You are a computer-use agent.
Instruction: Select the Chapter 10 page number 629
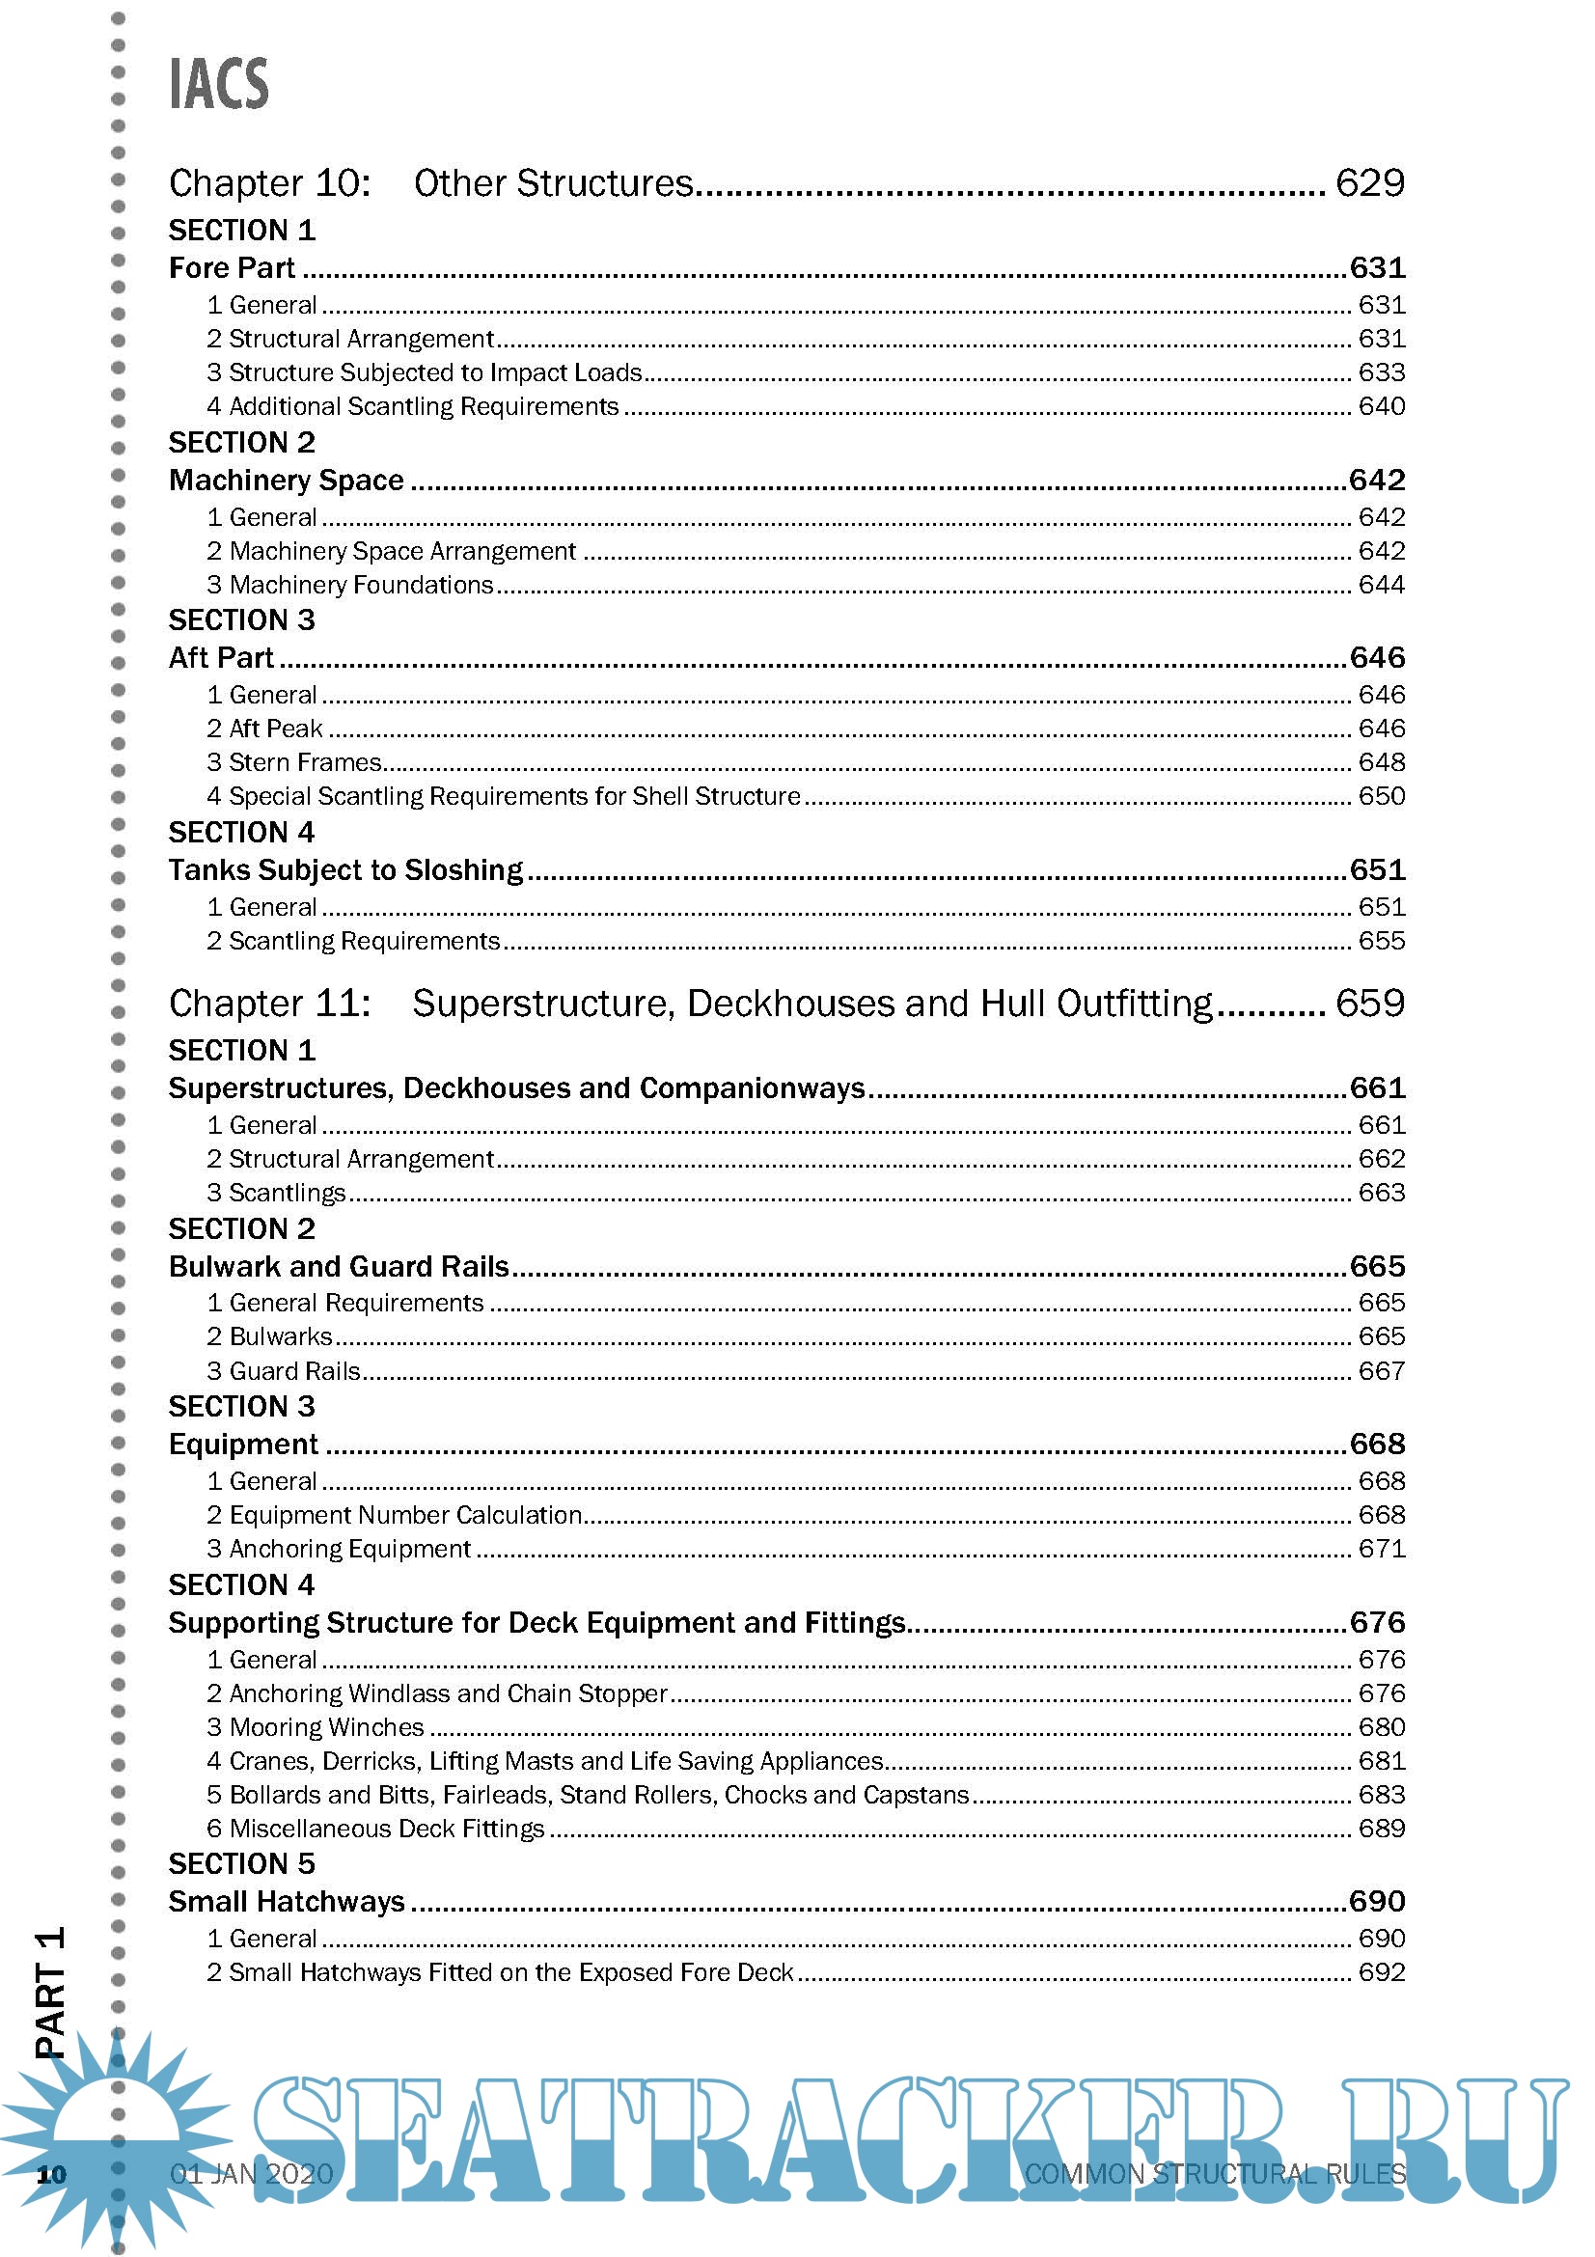(x=1369, y=182)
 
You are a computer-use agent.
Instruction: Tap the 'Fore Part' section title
(x=232, y=267)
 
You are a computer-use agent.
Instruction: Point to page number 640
(x=1381, y=406)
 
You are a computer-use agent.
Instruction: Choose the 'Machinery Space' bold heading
(x=286, y=480)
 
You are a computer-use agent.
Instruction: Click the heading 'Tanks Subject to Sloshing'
(x=346, y=870)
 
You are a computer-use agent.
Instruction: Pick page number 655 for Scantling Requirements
(x=1381, y=941)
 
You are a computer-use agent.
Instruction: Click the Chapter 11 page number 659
(x=1369, y=1003)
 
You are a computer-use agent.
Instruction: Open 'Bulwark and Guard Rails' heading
(x=339, y=1266)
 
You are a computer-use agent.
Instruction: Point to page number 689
(x=1381, y=1829)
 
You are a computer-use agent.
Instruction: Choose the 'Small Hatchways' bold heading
(x=286, y=1901)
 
